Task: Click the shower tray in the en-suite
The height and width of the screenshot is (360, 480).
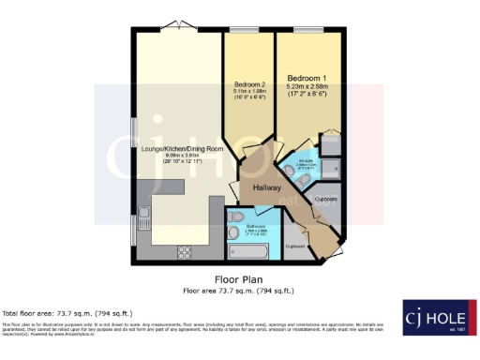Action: tap(329, 142)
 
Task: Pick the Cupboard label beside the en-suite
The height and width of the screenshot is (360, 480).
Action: tap(325, 199)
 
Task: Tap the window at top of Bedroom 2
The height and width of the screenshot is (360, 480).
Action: tap(247, 29)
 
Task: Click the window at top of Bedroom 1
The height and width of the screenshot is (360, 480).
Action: tap(306, 29)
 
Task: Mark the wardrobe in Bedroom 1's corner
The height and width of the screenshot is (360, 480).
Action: tap(330, 142)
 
